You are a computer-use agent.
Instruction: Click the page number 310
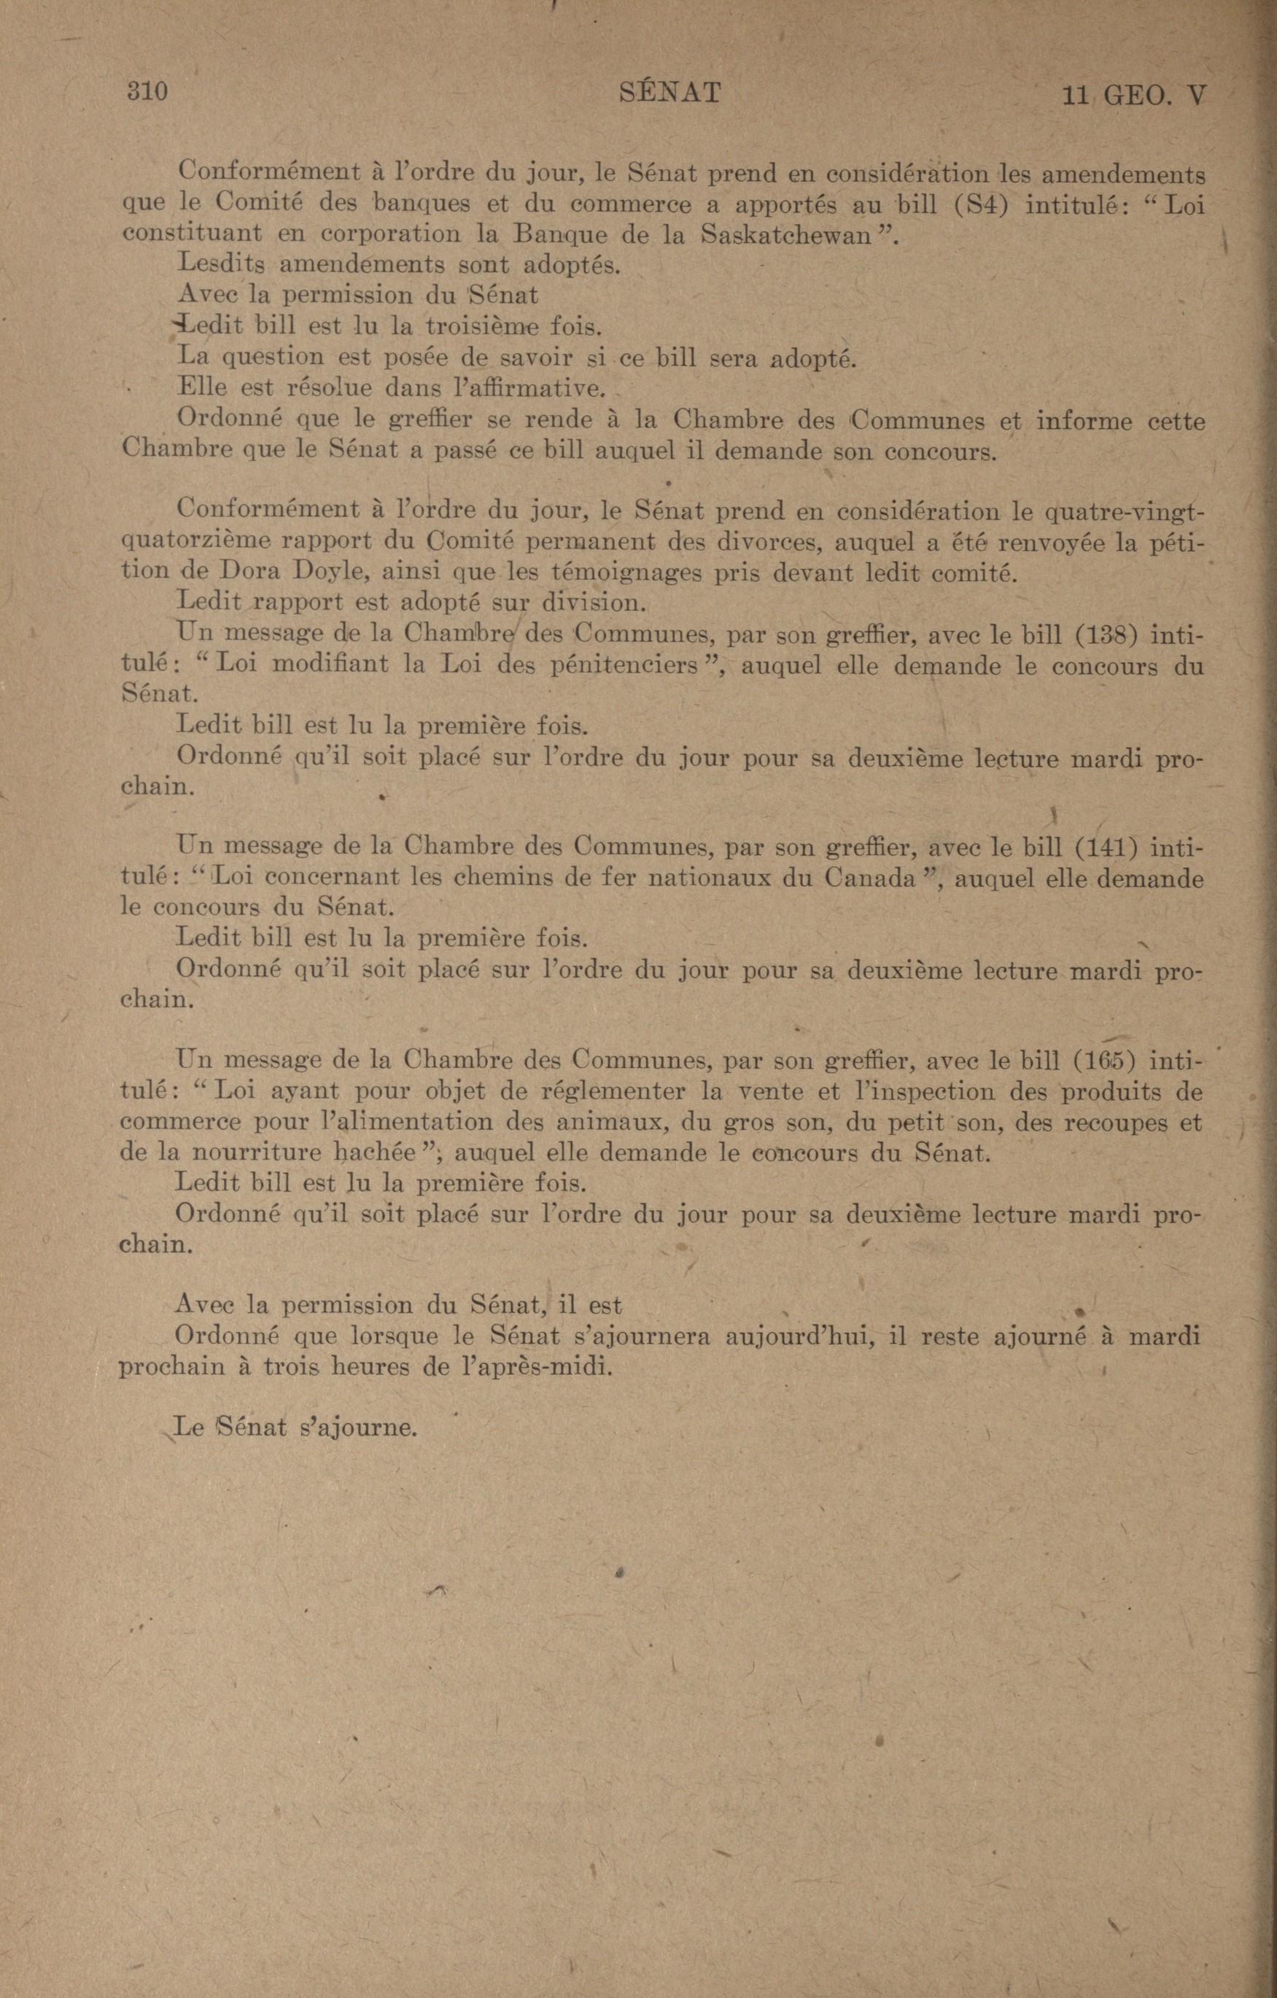pos(147,91)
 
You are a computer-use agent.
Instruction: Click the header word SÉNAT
pos(670,91)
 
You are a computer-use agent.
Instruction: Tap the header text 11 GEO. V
pos(1133,96)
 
